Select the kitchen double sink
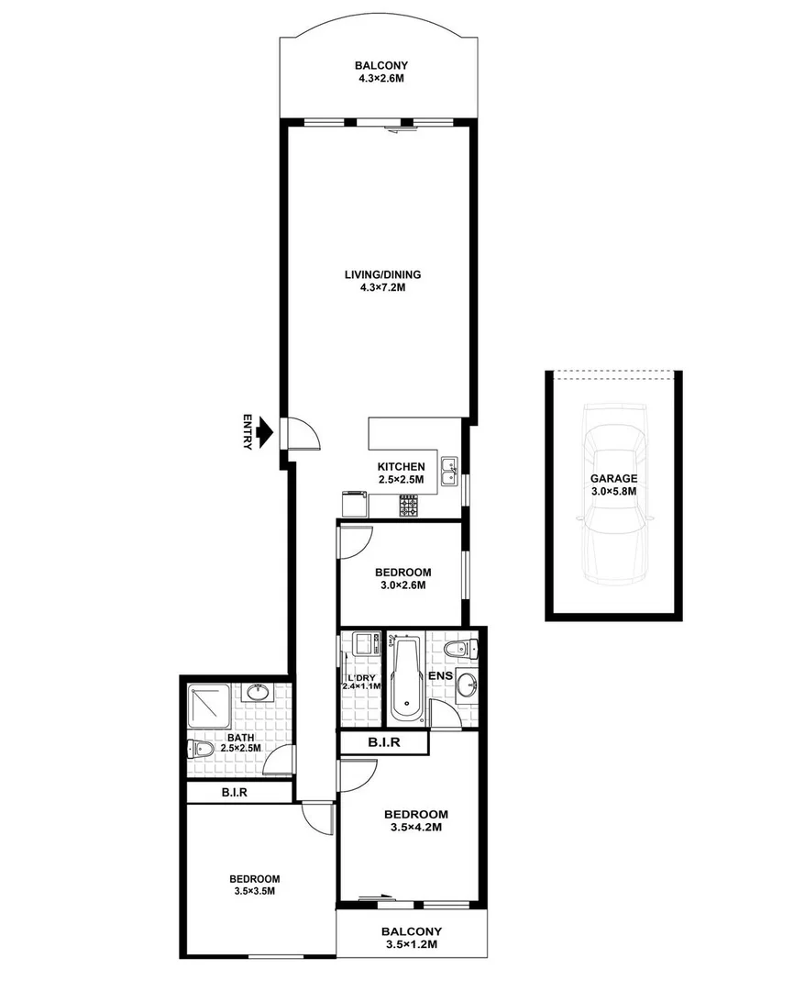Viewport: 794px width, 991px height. (449, 472)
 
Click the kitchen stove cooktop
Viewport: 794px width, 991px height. (409, 505)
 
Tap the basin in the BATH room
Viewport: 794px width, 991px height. (257, 690)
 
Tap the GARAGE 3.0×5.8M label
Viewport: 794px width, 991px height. (613, 484)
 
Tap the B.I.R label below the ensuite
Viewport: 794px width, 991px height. (383, 743)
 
